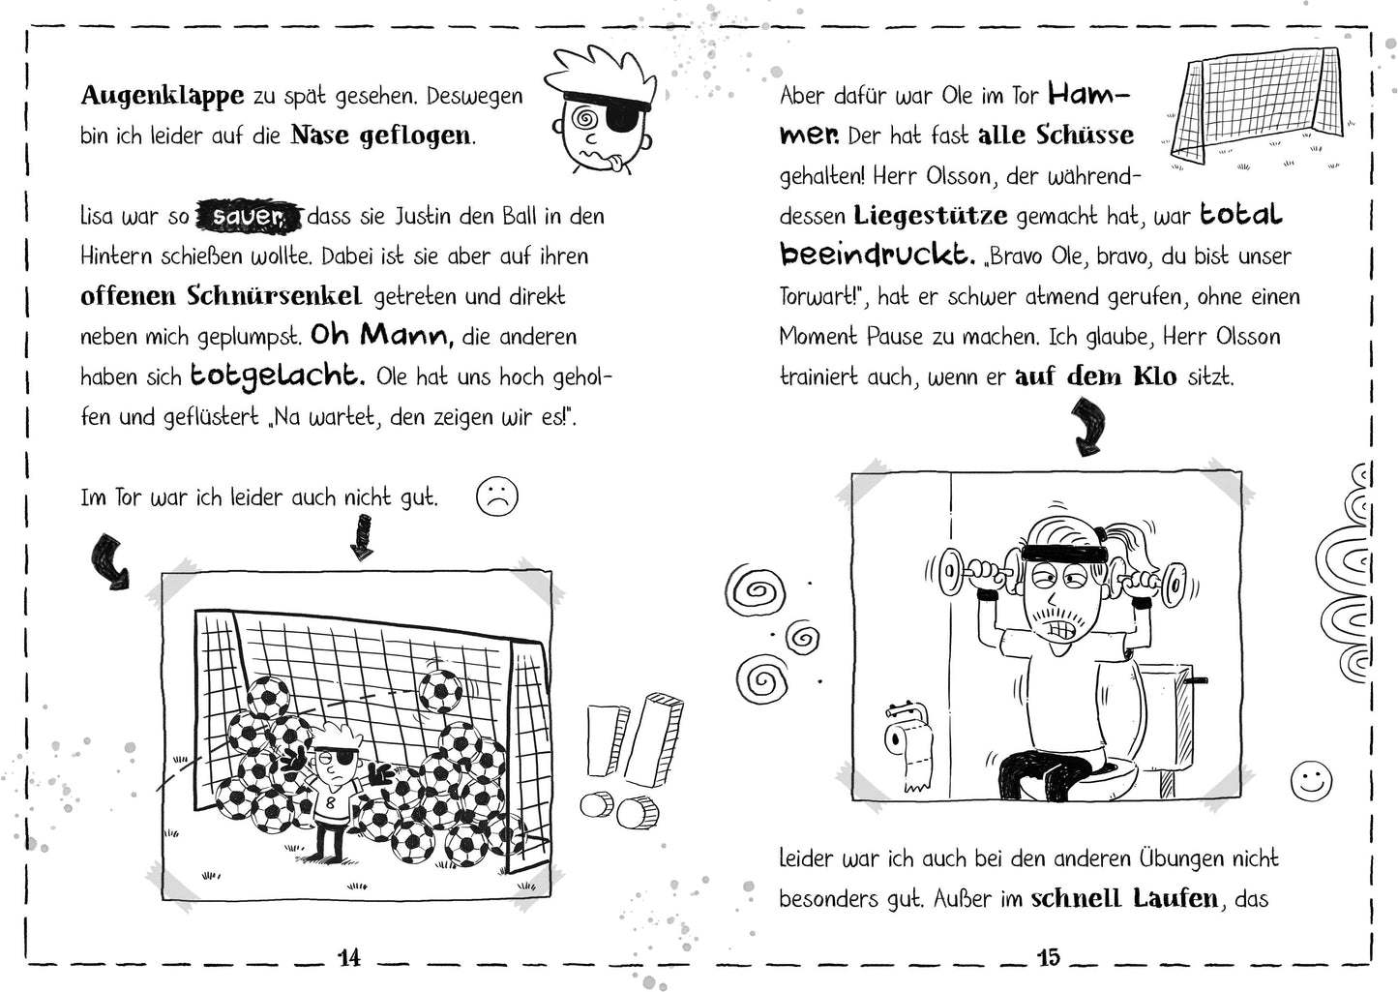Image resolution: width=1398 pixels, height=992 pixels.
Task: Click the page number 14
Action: coord(349,957)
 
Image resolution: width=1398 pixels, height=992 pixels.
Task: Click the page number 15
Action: coord(1048,957)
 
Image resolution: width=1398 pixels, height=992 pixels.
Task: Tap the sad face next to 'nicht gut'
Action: coord(497,496)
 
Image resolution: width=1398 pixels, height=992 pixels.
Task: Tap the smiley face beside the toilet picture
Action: coord(1311,780)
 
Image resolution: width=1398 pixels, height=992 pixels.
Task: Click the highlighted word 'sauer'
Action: coord(250,216)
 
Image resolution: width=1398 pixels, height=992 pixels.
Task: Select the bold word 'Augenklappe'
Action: coord(163,95)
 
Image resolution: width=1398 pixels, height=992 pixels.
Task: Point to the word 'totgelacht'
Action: coord(277,376)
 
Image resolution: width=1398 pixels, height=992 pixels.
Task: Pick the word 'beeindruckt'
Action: coord(877,255)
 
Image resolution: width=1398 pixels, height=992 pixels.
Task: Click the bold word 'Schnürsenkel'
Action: coord(291,296)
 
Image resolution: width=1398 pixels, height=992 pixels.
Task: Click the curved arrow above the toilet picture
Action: coord(1090,426)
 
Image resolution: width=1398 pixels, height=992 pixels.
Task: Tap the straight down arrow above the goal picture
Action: coord(361,535)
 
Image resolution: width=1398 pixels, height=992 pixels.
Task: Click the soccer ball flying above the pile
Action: coord(440,688)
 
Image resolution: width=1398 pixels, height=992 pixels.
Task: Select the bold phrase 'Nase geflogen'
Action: coord(382,135)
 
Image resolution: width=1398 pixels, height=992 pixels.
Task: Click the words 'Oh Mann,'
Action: coord(381,336)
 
